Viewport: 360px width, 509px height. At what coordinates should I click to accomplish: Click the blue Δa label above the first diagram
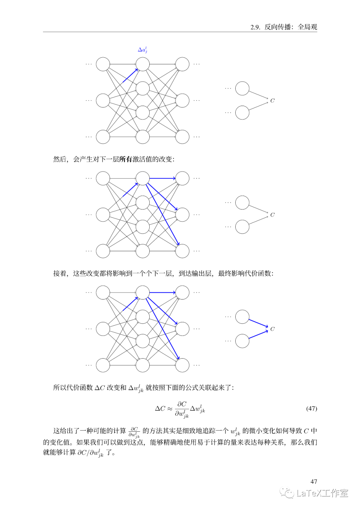pos(142,50)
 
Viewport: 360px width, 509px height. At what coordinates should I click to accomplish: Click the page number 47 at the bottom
pos(314,481)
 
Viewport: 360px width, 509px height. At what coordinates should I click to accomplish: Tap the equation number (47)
pos(311,408)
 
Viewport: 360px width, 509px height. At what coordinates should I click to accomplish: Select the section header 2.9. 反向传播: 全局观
pos(284,27)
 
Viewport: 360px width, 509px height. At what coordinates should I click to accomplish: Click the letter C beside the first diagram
pos(272,100)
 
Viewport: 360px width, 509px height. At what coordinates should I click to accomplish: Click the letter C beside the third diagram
pos(272,329)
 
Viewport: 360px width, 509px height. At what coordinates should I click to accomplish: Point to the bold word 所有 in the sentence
pos(126,159)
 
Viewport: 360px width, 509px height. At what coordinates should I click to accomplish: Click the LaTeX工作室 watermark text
pos(322,493)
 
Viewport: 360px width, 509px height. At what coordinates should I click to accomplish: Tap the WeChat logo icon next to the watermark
pos(287,493)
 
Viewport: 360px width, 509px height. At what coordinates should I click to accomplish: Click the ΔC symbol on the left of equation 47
pos(160,409)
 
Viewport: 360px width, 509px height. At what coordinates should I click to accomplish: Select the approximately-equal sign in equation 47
pos(170,409)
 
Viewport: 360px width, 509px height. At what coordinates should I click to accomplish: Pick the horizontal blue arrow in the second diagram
pos(162,178)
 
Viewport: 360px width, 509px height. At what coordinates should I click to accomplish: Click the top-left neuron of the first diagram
pos(103,64)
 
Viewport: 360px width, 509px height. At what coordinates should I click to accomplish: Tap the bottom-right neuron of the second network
pos(182,251)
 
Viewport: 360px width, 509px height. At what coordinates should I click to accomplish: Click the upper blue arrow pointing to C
pos(258,323)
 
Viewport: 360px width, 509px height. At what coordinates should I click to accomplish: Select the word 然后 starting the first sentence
pos(60,159)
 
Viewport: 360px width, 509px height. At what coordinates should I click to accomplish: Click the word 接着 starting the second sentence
pos(60,274)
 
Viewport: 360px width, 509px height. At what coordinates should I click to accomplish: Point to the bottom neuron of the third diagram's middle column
pos(143,365)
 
